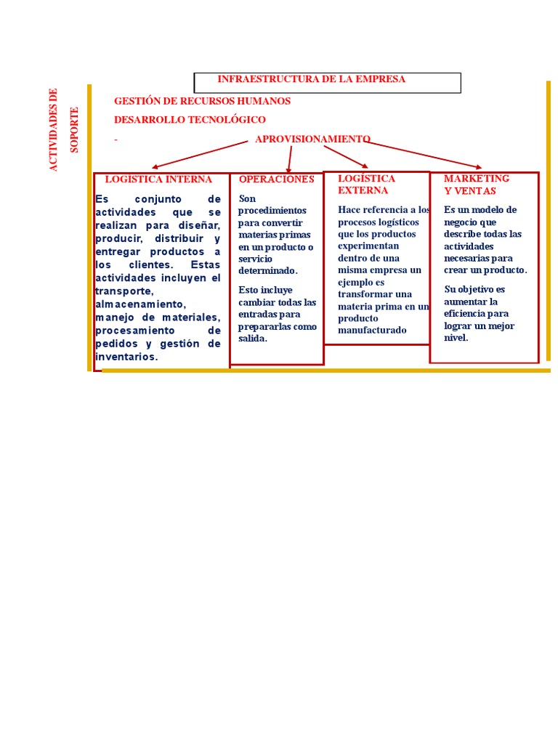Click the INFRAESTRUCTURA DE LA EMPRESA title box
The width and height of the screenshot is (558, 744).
pyautogui.click(x=327, y=82)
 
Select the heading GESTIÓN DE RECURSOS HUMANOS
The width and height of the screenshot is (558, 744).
pyautogui.click(x=202, y=101)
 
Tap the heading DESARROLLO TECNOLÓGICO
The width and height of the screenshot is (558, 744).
pyautogui.click(x=190, y=119)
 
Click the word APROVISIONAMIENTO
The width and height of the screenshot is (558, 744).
pyautogui.click(x=312, y=139)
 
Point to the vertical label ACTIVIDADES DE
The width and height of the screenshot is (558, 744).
pyautogui.click(x=52, y=129)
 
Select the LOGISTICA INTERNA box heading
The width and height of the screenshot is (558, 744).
pyautogui.click(x=158, y=179)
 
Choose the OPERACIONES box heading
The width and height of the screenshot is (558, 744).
pyautogui.click(x=276, y=179)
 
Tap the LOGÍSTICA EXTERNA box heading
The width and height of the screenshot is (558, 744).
pyautogui.click(x=366, y=184)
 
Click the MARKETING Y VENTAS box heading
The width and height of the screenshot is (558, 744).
pyautogui.click(x=476, y=185)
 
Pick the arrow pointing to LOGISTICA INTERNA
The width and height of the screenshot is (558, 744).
pyautogui.click(x=200, y=154)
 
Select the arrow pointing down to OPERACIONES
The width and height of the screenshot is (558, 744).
pyautogui.click(x=290, y=158)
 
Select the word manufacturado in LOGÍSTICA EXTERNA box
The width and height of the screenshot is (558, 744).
pyautogui.click(x=372, y=331)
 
